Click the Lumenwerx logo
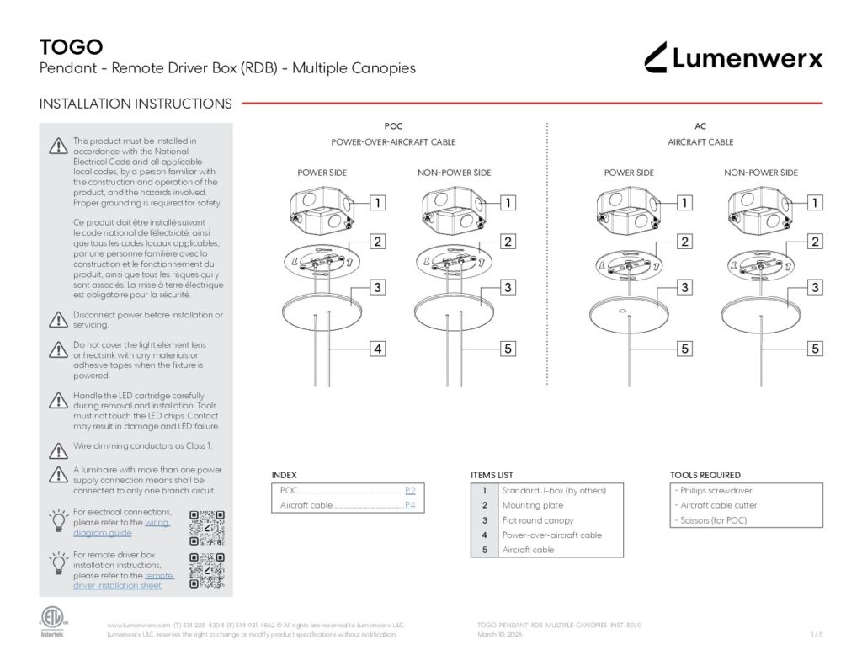[x=733, y=57]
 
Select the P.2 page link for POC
[x=410, y=490]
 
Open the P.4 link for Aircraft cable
[x=410, y=505]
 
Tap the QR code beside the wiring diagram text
[x=207, y=527]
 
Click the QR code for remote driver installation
[x=207, y=570]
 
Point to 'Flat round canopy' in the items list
[x=537, y=520]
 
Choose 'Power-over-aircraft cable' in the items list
[x=551, y=535]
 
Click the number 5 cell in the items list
[x=484, y=550]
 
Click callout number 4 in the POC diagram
[x=378, y=348]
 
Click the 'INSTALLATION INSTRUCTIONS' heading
[x=136, y=104]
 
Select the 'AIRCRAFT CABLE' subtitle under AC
[x=700, y=142]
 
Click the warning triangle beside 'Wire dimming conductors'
[x=57, y=450]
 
